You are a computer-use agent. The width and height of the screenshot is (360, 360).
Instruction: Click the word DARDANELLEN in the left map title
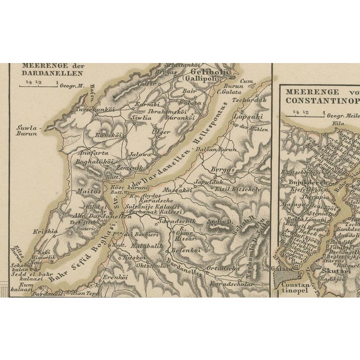[52, 73]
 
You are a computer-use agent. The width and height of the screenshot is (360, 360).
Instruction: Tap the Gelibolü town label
[210, 71]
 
